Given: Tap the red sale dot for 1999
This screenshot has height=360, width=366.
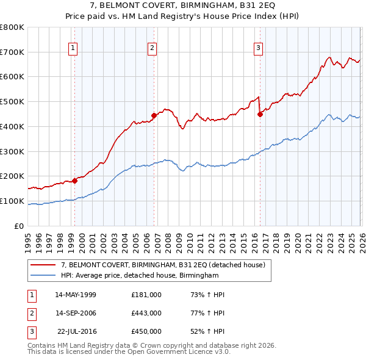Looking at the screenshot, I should [x=74, y=181].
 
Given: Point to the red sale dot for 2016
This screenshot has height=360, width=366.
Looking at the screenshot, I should [x=260, y=113].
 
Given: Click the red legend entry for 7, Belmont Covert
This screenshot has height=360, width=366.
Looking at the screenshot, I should [x=163, y=265].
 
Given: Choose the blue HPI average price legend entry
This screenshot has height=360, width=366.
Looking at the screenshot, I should [x=139, y=275].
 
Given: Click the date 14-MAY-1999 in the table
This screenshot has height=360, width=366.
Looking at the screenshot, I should [x=76, y=294].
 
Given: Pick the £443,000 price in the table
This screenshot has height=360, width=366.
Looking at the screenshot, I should [x=146, y=313].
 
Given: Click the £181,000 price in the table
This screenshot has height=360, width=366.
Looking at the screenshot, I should [x=146, y=294].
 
